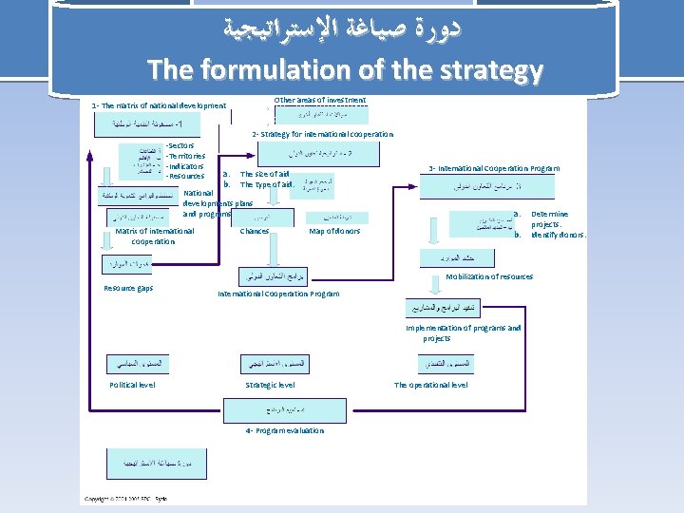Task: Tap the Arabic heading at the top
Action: (344, 29)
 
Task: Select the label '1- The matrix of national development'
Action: (159, 105)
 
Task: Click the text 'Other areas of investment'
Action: (319, 99)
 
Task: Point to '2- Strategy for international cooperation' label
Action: (322, 134)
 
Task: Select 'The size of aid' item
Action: (265, 174)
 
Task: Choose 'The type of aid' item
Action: (266, 184)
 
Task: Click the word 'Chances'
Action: (255, 231)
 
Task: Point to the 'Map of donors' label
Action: (334, 231)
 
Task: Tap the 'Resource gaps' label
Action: (128, 288)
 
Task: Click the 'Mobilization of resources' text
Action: (489, 276)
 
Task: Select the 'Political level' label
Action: (133, 385)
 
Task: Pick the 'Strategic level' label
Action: (270, 385)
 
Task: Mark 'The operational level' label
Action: (430, 385)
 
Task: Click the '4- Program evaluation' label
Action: (284, 430)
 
